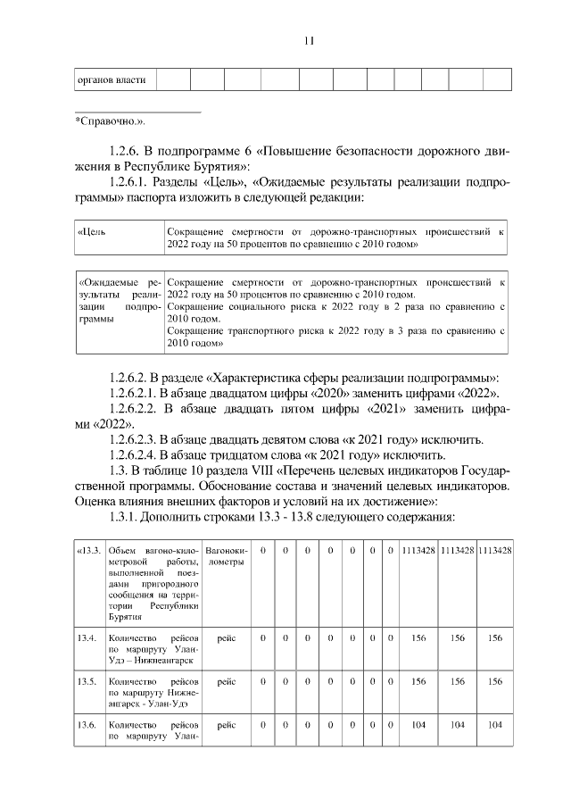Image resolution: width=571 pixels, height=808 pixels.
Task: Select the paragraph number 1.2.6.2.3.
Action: pos(132,439)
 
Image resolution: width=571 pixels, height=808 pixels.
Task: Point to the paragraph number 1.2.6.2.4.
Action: pos(132,454)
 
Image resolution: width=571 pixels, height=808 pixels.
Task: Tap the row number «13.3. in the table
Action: pos(89,550)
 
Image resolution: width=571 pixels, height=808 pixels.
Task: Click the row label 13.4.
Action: pos(87,637)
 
